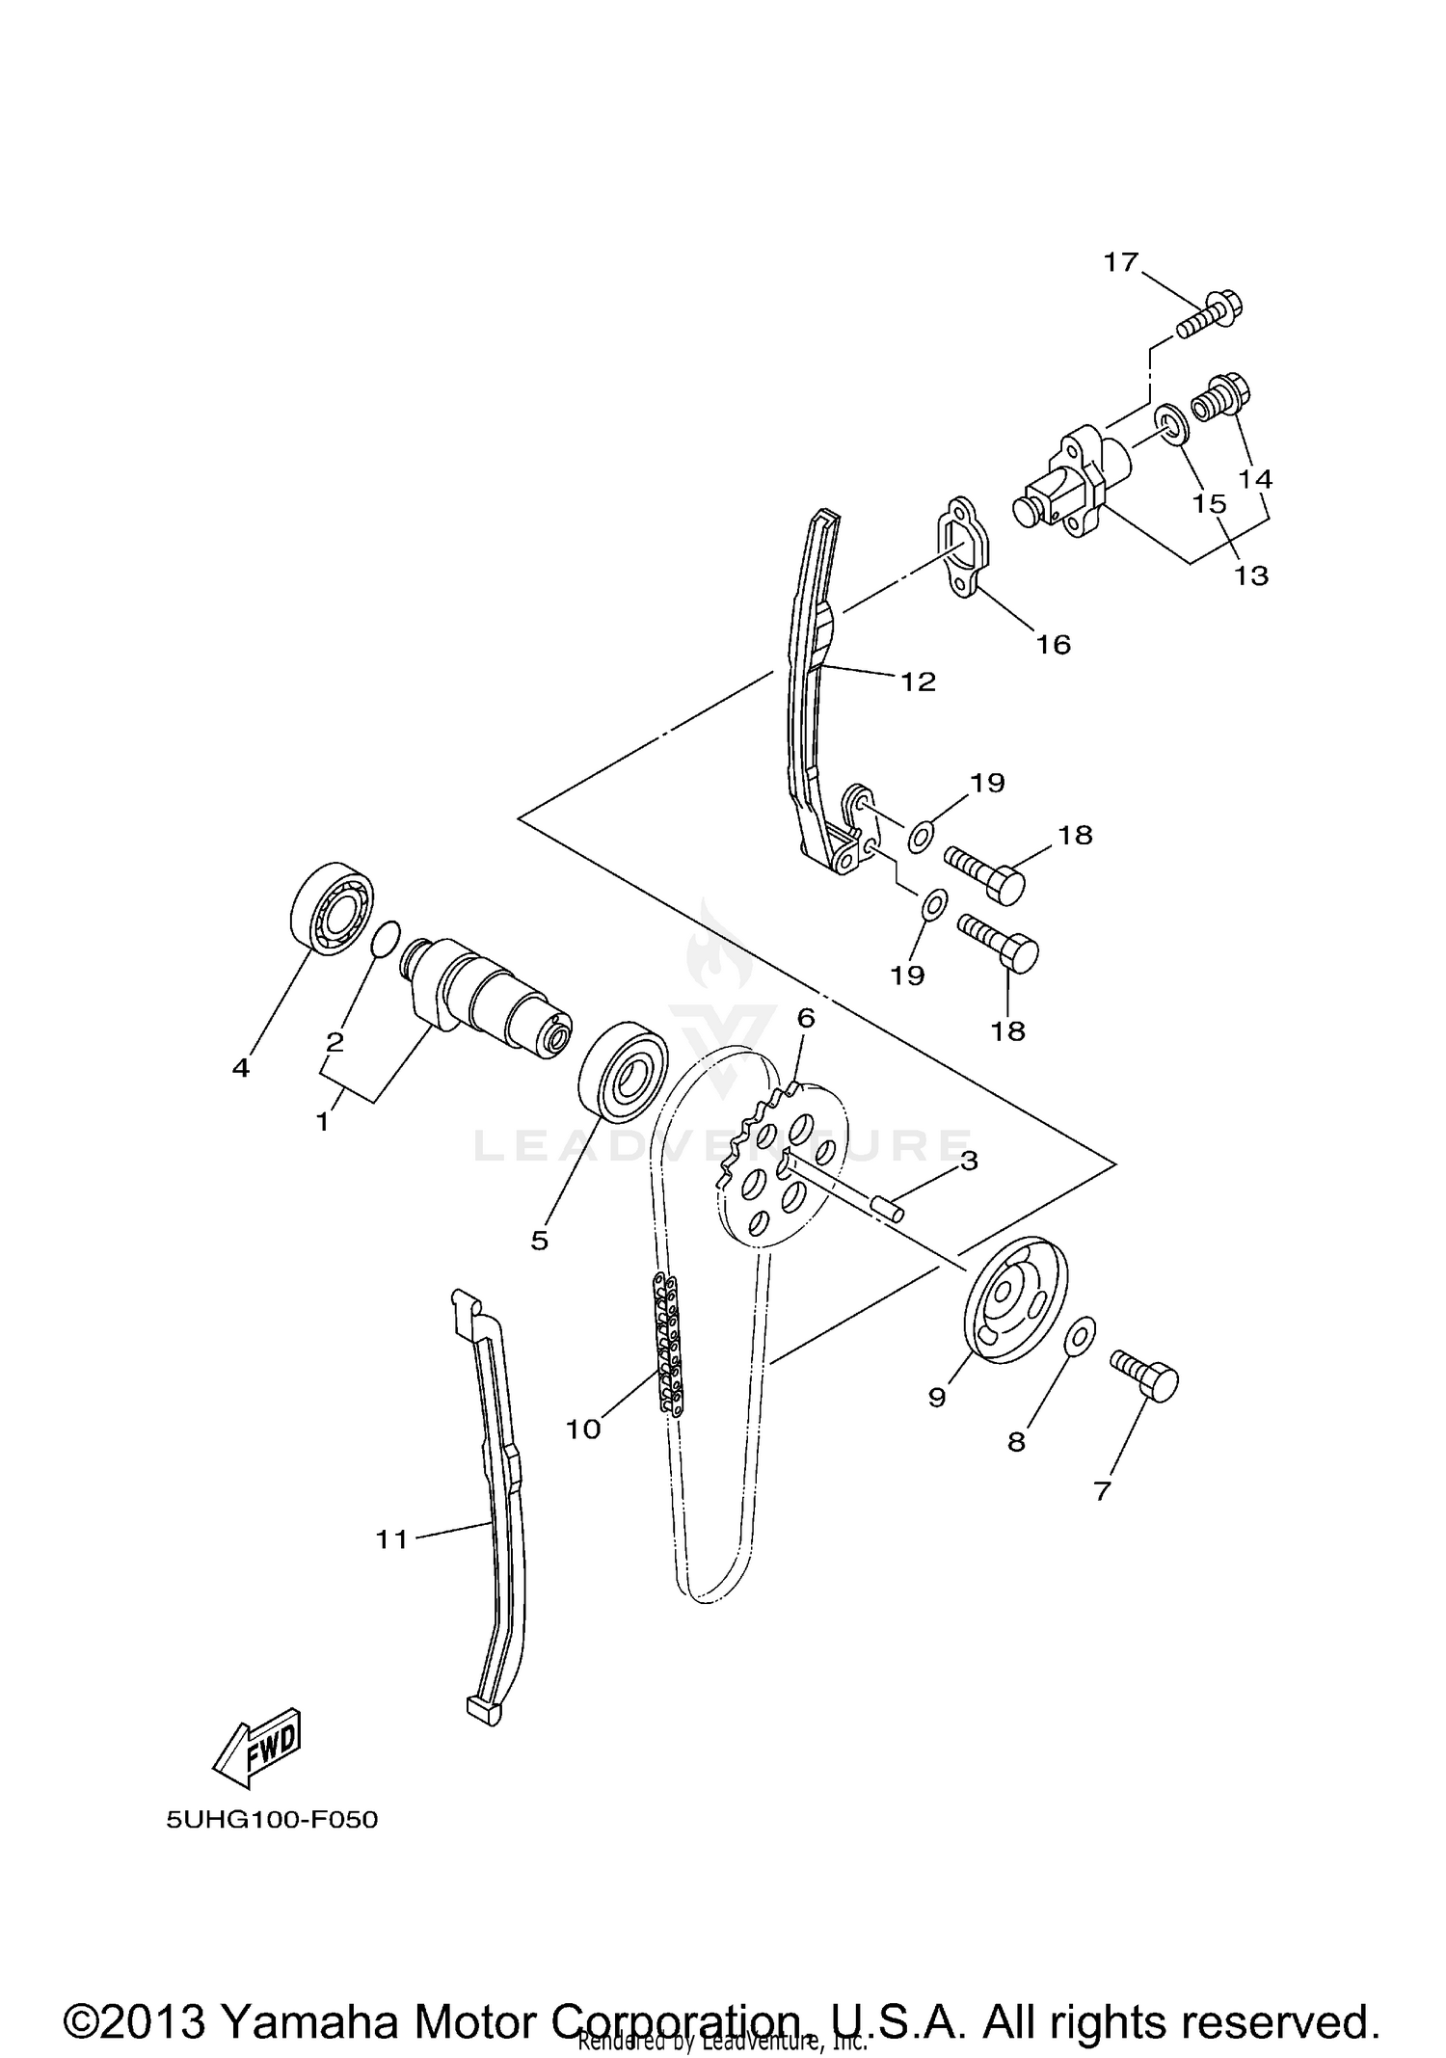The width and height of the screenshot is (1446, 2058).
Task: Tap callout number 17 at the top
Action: coord(1121,262)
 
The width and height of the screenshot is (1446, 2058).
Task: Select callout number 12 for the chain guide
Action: coord(919,682)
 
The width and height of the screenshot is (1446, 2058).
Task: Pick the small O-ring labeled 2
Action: coord(385,938)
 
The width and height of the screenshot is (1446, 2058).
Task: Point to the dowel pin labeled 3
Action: coord(888,1207)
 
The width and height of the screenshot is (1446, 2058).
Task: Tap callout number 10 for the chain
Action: coord(583,1429)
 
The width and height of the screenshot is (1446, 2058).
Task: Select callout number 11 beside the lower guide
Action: coord(392,1539)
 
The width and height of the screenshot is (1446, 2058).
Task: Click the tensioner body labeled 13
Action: coord(1070,475)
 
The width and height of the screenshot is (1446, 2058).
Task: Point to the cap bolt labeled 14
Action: coord(1221,397)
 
